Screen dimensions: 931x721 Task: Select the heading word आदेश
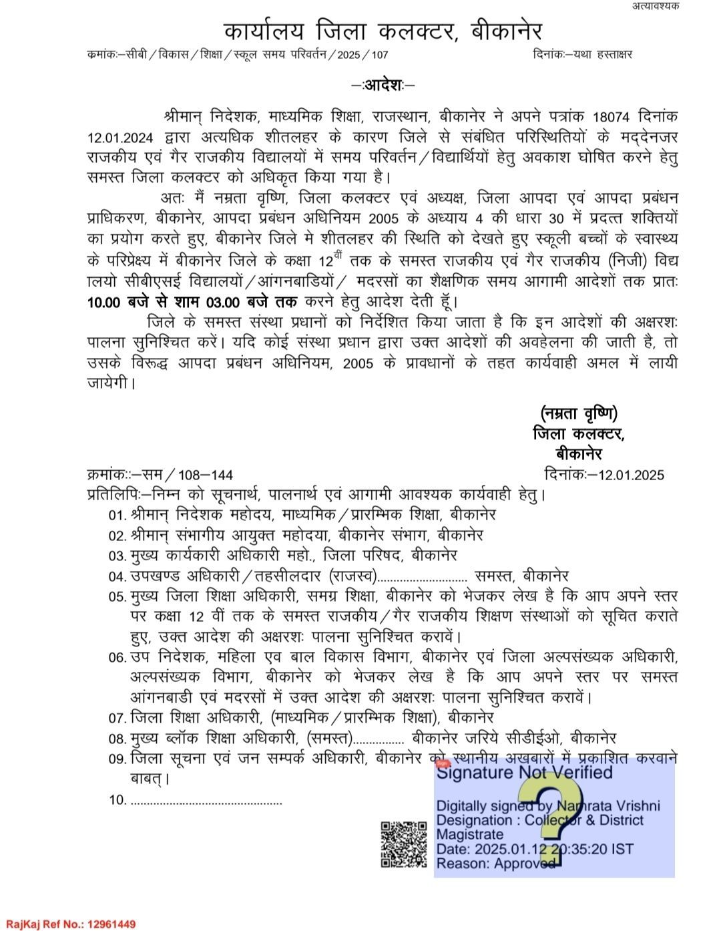(383, 85)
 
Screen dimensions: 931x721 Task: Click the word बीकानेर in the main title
(506, 31)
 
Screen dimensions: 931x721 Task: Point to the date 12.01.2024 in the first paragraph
(120, 138)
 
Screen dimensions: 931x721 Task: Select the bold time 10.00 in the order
(103, 302)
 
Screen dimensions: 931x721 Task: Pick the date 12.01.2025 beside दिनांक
(631, 475)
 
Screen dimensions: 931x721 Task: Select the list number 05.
(117, 596)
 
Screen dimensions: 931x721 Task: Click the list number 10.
(117, 800)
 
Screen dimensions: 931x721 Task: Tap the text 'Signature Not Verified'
(524, 773)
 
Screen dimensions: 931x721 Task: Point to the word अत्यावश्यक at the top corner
(655, 6)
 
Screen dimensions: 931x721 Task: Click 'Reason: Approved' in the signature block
(495, 864)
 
